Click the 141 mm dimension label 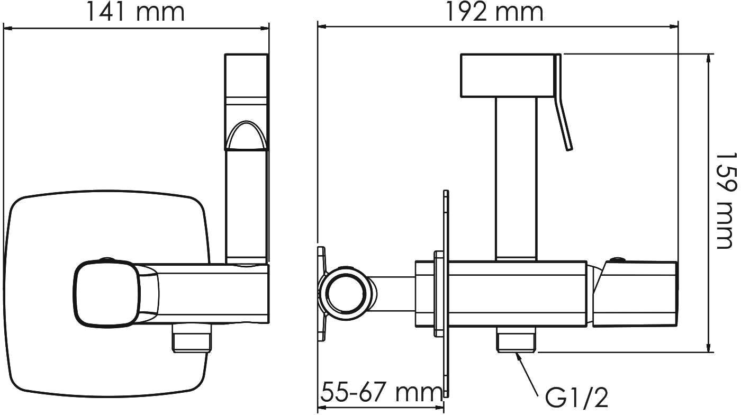(135, 12)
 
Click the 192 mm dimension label (495, 12)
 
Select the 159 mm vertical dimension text (726, 201)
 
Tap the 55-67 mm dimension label (381, 392)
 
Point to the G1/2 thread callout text (576, 398)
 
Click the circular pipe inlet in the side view (346, 293)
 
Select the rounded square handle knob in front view (106, 292)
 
